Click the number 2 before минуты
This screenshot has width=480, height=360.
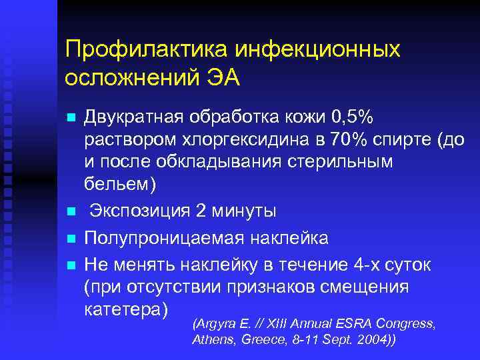[201, 211]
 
